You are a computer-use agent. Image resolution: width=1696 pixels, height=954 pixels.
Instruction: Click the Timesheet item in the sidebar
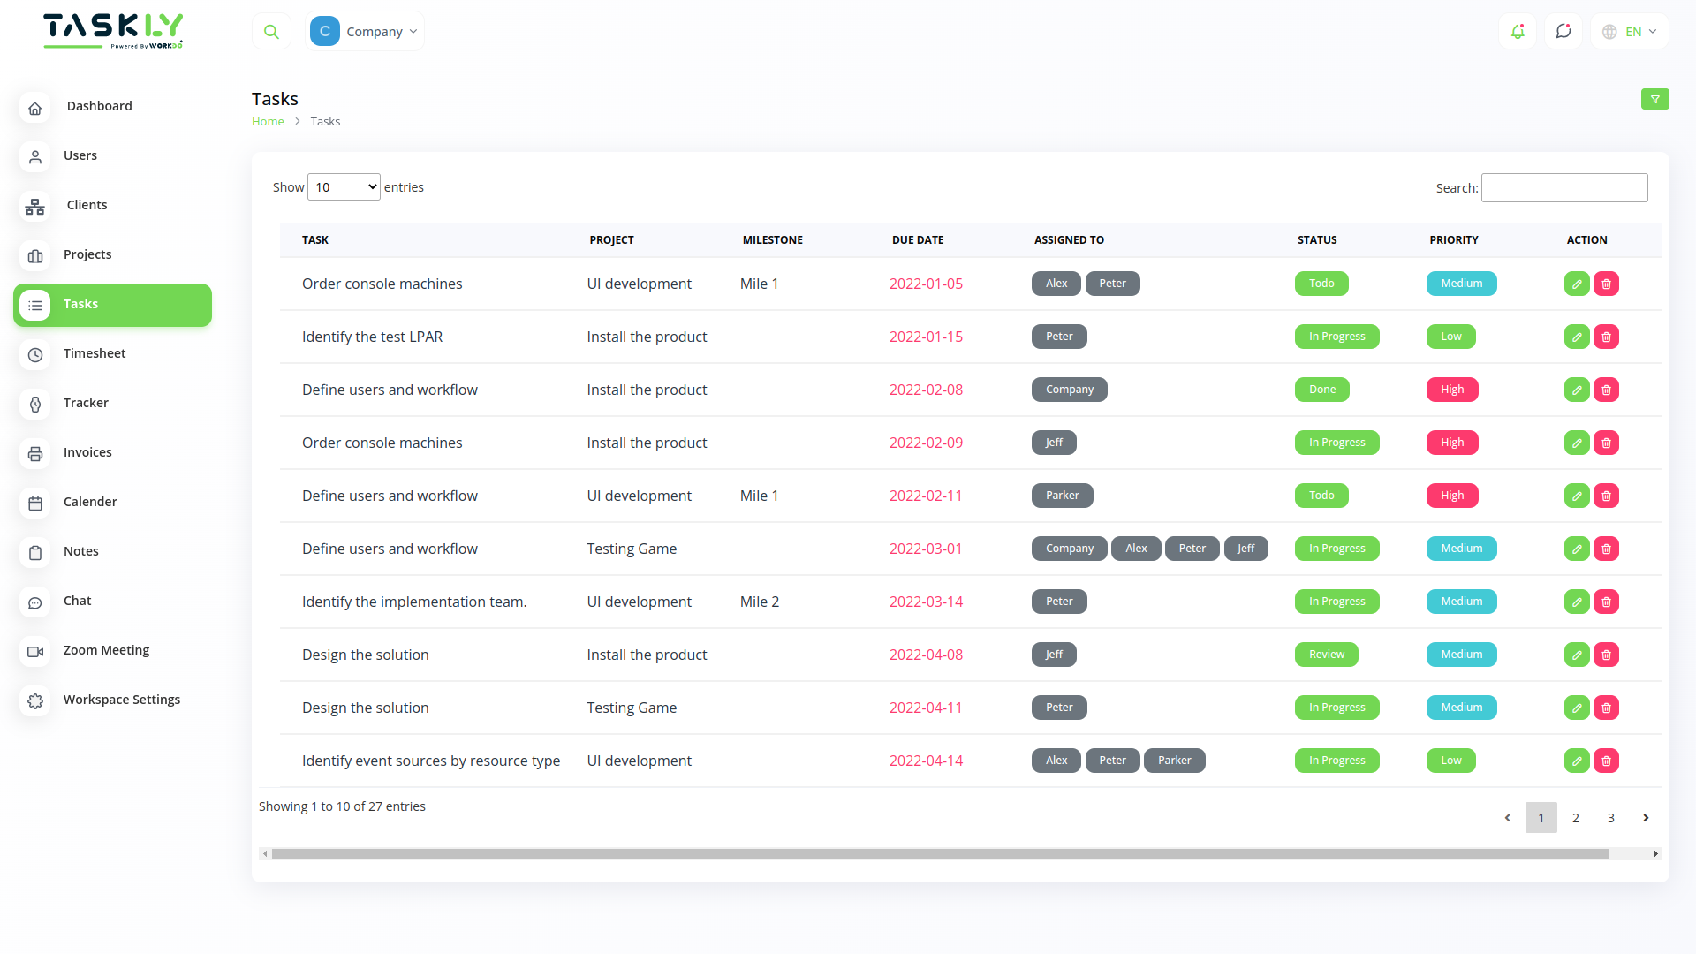click(x=94, y=353)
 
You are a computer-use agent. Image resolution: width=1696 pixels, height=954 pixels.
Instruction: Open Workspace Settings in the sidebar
click(x=121, y=700)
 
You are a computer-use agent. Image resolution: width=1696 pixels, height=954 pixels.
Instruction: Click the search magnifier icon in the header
click(x=271, y=32)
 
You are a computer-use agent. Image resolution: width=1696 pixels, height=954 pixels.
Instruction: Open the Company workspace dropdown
click(x=365, y=32)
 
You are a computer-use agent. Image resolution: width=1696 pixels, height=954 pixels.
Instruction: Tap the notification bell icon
click(x=1518, y=32)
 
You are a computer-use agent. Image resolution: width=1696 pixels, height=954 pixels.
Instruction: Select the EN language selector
click(x=1630, y=32)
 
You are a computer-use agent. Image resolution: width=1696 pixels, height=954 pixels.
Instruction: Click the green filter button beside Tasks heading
click(x=1654, y=99)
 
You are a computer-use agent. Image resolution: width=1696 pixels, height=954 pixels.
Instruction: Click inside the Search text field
click(x=1563, y=187)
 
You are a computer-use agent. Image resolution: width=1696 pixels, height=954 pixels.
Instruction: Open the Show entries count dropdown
click(x=344, y=187)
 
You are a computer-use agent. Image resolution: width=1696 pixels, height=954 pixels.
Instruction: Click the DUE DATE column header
click(x=918, y=240)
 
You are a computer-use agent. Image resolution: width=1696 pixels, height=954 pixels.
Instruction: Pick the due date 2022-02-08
click(x=926, y=390)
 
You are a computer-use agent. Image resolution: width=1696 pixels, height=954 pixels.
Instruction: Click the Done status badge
click(x=1321, y=390)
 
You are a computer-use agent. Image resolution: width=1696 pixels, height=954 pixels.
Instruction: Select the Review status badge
click(x=1326, y=655)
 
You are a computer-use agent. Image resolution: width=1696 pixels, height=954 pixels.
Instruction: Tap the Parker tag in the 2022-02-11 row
click(x=1062, y=496)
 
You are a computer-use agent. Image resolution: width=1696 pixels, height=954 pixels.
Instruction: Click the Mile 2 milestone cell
click(x=760, y=602)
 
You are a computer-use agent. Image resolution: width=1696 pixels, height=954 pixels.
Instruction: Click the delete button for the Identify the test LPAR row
click(x=1606, y=337)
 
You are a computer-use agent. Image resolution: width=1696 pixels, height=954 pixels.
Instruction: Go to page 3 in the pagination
click(x=1610, y=818)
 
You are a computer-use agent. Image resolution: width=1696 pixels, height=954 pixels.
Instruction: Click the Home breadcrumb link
click(x=268, y=122)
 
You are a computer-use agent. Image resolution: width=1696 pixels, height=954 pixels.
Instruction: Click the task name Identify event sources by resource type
click(x=431, y=761)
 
